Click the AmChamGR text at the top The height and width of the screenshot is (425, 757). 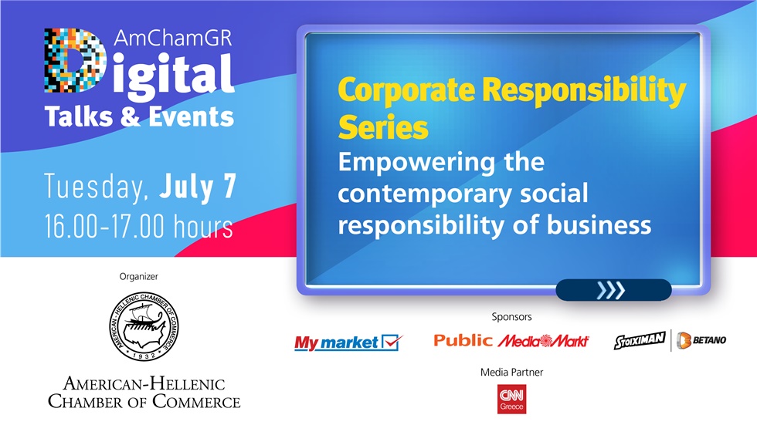171,40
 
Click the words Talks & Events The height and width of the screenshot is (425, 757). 139,116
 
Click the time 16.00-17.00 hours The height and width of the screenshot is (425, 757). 138,228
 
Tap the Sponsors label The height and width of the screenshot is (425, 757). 511,316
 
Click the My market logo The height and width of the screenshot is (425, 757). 348,342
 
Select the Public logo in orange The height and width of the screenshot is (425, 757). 463,340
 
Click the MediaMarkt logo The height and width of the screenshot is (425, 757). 543,340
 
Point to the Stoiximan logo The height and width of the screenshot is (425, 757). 640,340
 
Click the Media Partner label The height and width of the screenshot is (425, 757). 511,372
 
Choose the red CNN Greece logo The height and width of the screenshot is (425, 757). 511,399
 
